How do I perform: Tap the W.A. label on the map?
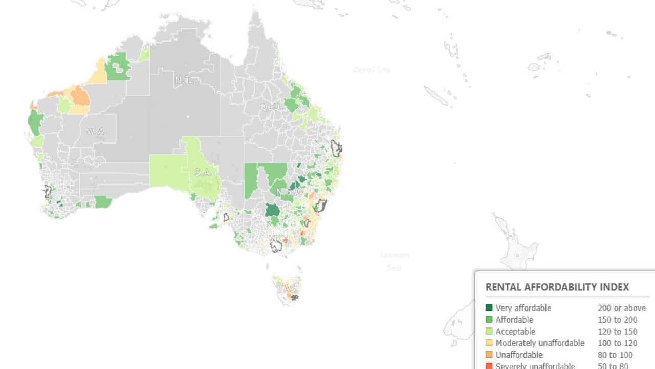[x=96, y=131]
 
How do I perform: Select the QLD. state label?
[x=271, y=107]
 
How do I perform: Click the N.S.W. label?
[x=290, y=192]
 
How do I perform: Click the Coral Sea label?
[x=372, y=70]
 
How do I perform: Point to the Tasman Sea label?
[x=394, y=261]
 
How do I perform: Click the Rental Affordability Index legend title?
[x=557, y=287]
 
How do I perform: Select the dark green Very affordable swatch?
[x=489, y=308]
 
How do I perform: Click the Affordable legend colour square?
[x=489, y=320]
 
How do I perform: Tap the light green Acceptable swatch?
[x=489, y=332]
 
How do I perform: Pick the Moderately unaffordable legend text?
[x=540, y=343]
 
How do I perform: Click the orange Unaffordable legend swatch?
[x=489, y=355]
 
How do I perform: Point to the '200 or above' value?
[x=622, y=308]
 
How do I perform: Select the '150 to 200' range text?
[x=618, y=320]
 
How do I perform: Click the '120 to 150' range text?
[x=618, y=332]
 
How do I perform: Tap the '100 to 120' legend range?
[x=618, y=343]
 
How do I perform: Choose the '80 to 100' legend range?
[x=615, y=355]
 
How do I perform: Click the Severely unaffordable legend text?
[x=535, y=366]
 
